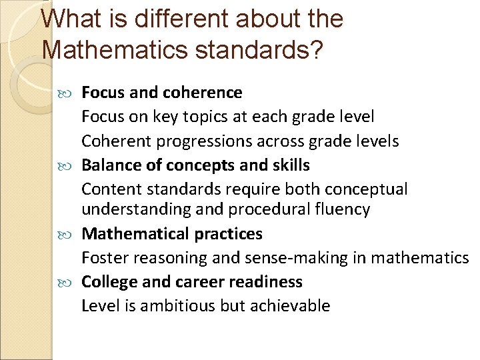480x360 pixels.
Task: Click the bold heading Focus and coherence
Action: tap(162, 93)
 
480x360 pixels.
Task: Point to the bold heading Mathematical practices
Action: tap(172, 234)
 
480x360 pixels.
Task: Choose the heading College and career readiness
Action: tap(192, 282)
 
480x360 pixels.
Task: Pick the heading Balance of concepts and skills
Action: tap(195, 165)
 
